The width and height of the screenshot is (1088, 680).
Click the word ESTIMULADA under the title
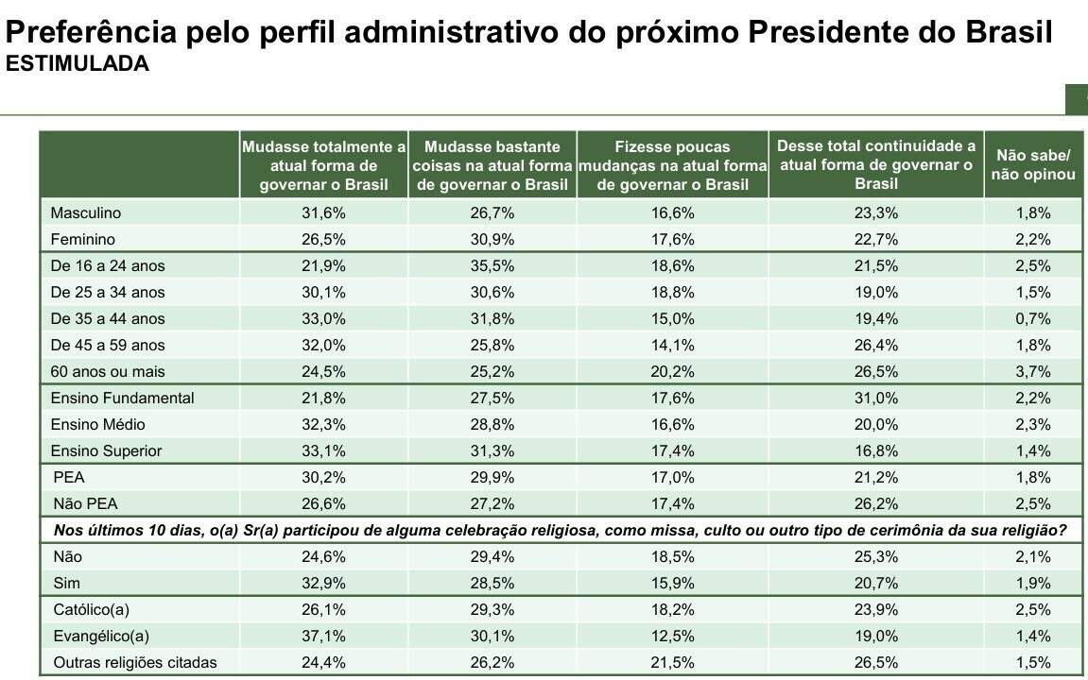coord(78,64)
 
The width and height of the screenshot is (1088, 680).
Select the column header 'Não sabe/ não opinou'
coord(1033,165)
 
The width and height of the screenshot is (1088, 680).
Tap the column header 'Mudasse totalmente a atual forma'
coord(324,165)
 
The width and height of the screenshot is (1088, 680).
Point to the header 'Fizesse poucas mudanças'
coord(672,165)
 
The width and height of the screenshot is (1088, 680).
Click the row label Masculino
coord(85,213)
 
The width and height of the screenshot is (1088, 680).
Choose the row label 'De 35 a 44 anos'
coord(108,319)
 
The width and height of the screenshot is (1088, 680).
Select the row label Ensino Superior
coord(106,451)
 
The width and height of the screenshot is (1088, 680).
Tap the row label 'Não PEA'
coord(84,504)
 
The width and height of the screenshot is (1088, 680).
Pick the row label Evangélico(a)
coord(100,637)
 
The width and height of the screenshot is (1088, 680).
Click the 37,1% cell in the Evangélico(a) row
coord(324,637)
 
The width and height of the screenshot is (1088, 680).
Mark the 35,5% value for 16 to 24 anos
coord(492,266)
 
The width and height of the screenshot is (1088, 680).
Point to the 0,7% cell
coord(1033,319)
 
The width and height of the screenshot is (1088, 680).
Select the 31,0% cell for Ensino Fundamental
coord(875,399)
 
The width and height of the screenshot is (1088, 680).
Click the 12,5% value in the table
coord(672,637)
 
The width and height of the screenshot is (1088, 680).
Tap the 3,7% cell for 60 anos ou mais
coord(1033,372)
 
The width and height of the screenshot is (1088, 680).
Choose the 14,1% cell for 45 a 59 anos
coord(672,346)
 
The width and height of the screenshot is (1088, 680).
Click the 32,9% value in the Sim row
coord(324,584)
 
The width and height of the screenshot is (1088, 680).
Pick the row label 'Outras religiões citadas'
coord(133,663)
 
